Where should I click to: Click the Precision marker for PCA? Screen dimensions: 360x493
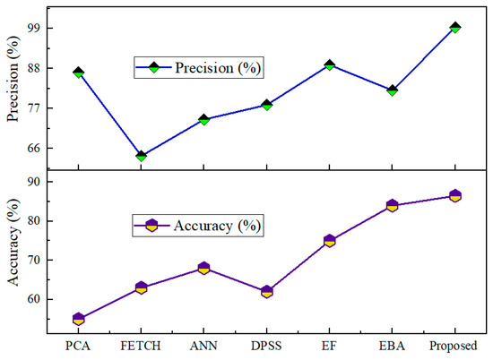click(78, 72)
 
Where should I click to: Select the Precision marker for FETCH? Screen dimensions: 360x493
click(141, 156)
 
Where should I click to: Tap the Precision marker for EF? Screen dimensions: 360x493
click(329, 64)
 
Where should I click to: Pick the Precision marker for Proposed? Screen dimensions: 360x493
click(454, 28)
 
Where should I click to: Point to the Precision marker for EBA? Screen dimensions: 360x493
click(392, 90)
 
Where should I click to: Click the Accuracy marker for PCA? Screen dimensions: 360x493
click(78, 318)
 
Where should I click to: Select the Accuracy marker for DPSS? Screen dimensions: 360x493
click(266, 291)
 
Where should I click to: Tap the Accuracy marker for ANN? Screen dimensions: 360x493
click(203, 268)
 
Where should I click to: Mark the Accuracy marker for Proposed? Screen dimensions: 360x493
click(454, 196)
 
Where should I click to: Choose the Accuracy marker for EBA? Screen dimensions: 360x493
click(392, 205)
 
